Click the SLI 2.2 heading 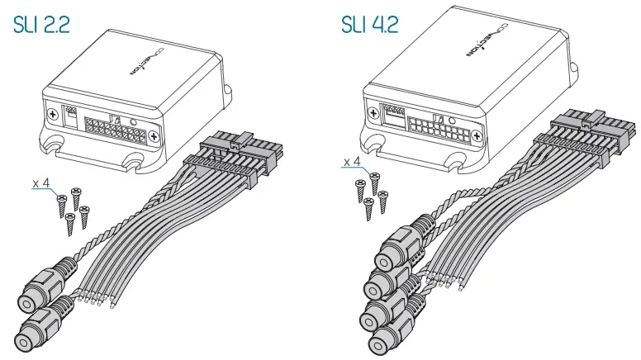pos(40,24)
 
